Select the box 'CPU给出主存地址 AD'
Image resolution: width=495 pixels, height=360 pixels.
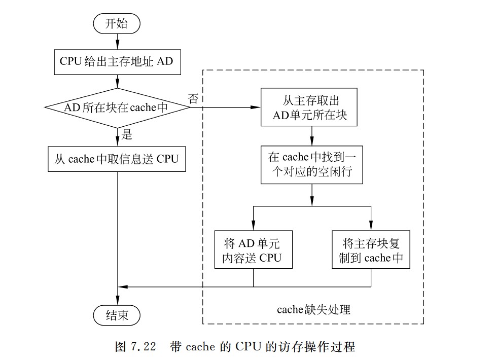pyautogui.click(x=117, y=62)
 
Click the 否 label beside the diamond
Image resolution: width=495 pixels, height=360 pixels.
pyautogui.click(x=193, y=98)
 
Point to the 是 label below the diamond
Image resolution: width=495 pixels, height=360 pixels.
pyautogui.click(x=127, y=134)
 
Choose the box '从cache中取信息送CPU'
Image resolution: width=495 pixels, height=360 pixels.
pyautogui.click(x=117, y=159)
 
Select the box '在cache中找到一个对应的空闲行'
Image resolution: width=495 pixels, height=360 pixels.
pyautogui.click(x=311, y=165)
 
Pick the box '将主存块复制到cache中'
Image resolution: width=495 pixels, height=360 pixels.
pyautogui.click(x=371, y=250)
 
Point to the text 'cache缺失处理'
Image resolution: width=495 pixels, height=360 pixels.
pyautogui.click(x=313, y=309)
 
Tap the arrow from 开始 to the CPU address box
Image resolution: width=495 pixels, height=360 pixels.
pyautogui.click(x=118, y=41)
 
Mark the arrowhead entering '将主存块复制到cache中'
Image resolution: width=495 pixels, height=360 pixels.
pyautogui.click(x=371, y=227)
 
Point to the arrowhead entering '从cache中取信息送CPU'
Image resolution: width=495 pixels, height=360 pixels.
pyautogui.click(x=118, y=143)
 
